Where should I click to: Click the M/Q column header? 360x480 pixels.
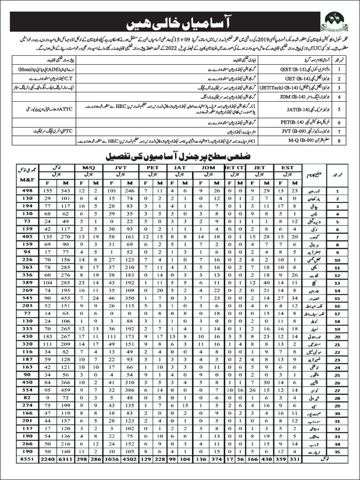(x=89, y=166)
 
